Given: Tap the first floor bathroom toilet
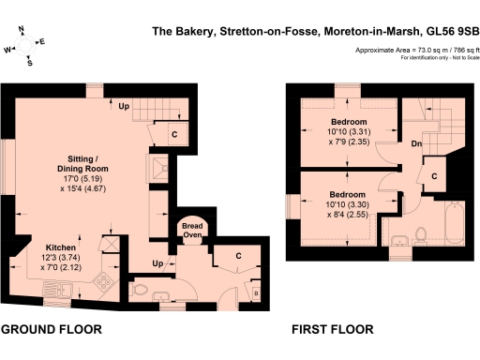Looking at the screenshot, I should pos(421,233).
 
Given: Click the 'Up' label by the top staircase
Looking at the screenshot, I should pos(124,105).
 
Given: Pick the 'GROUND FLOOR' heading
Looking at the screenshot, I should pos(51,330).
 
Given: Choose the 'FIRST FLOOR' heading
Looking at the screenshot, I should pos(332,330).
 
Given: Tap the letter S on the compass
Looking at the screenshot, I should pos(30,64).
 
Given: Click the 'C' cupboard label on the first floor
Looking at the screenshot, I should pos(435,176).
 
